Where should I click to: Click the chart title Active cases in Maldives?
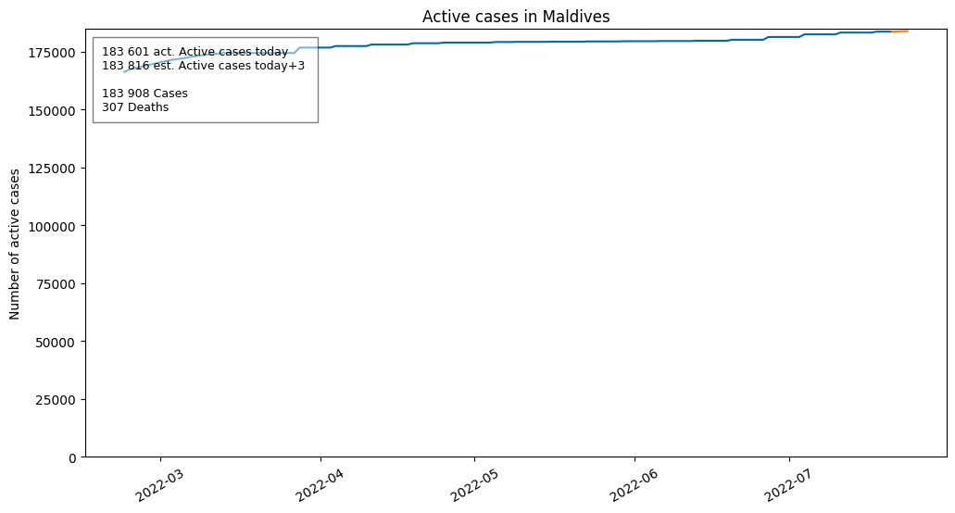(x=516, y=17)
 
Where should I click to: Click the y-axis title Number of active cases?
(x=15, y=244)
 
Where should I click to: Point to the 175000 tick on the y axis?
(x=53, y=53)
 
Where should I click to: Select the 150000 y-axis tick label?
(x=53, y=111)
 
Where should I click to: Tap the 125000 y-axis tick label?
(x=53, y=169)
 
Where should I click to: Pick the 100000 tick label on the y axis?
(x=53, y=226)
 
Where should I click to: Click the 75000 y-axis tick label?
(x=56, y=284)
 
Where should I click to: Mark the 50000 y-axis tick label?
(x=56, y=342)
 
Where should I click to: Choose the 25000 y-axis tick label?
(x=56, y=400)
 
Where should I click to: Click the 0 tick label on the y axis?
(x=73, y=457)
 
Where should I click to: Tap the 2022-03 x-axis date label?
(x=159, y=485)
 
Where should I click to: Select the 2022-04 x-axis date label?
(x=320, y=485)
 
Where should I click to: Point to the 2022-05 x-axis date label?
(x=474, y=485)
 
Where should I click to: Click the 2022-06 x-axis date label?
(x=634, y=485)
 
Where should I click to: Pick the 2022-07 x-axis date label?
(x=788, y=485)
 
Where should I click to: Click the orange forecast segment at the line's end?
(x=899, y=31)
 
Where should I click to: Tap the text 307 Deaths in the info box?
(x=135, y=107)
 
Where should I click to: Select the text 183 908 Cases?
(x=145, y=94)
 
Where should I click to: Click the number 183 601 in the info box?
(x=126, y=52)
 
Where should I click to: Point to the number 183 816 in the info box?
(x=126, y=66)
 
